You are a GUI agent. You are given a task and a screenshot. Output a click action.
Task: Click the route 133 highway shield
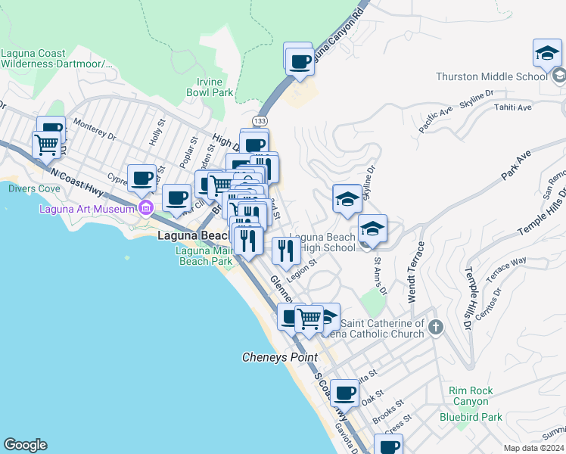[x=260, y=121]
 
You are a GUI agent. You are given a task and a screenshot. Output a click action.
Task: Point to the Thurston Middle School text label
[x=491, y=76]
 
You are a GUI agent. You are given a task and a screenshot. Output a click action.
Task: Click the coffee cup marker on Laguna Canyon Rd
[x=298, y=60]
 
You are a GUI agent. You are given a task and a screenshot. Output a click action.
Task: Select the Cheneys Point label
[x=279, y=357]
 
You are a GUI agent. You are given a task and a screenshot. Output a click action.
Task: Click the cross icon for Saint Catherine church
[x=435, y=328]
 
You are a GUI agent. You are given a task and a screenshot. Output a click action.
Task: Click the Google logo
[x=25, y=445]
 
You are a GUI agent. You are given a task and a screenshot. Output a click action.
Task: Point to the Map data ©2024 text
[x=533, y=448]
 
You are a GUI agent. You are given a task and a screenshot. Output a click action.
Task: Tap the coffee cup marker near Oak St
[x=345, y=393]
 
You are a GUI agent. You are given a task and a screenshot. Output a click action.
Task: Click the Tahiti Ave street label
[x=514, y=107]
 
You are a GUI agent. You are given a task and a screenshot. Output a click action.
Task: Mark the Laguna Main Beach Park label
[x=204, y=256]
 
